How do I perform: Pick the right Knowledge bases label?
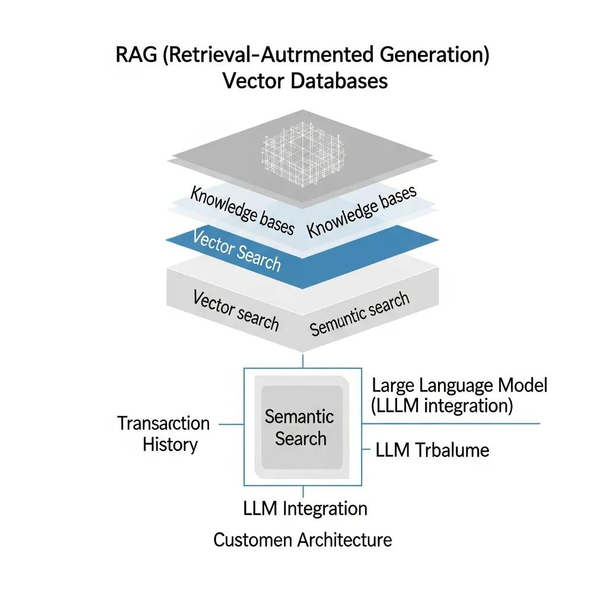point(362,210)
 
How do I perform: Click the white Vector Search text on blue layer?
point(237,250)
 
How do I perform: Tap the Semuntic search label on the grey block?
point(359,314)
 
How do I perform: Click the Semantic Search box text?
point(300,427)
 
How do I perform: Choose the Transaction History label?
point(164,434)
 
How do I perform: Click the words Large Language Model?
point(459,385)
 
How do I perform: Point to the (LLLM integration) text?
point(442,406)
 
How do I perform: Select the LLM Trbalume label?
point(433,450)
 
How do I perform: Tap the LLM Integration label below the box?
point(305,509)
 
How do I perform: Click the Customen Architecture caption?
point(302,540)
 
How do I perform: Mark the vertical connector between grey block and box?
point(303,360)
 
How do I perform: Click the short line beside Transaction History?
point(231,424)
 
